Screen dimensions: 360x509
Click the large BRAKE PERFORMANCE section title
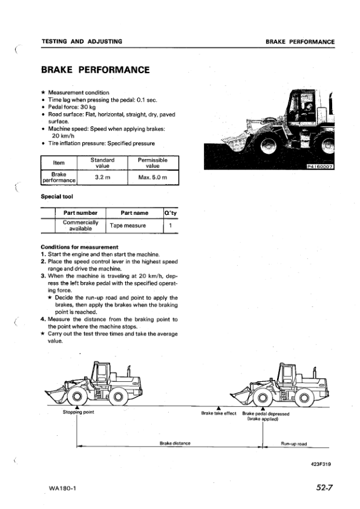(95, 70)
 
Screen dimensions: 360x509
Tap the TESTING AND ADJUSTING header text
(82, 42)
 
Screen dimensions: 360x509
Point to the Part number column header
(80, 212)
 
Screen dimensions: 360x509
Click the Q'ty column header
(171, 212)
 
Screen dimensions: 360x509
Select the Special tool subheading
(57, 197)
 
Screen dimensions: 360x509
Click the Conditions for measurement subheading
(79, 247)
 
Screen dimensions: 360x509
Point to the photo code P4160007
(324, 166)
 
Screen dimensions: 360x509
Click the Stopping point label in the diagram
(79, 413)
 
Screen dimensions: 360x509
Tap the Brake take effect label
(218, 414)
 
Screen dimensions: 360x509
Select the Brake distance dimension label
(175, 444)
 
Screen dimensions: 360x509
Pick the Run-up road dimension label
(294, 444)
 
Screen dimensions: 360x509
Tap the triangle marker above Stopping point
(77, 408)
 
